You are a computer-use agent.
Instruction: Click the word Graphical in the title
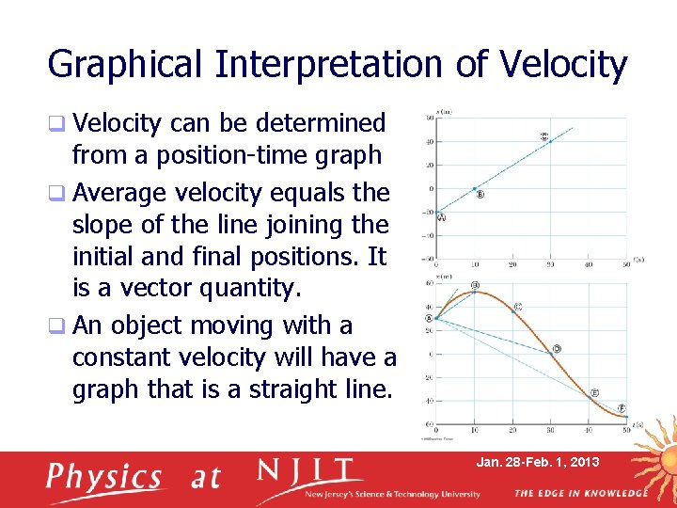125,65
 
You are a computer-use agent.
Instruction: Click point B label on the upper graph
480,196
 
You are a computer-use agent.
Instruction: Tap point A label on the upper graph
441,217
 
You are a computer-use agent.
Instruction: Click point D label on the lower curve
557,349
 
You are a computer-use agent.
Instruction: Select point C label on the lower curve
518,307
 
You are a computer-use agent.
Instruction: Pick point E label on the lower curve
594,392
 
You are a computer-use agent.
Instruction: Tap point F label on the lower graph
622,408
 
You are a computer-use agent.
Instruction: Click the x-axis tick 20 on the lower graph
512,431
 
